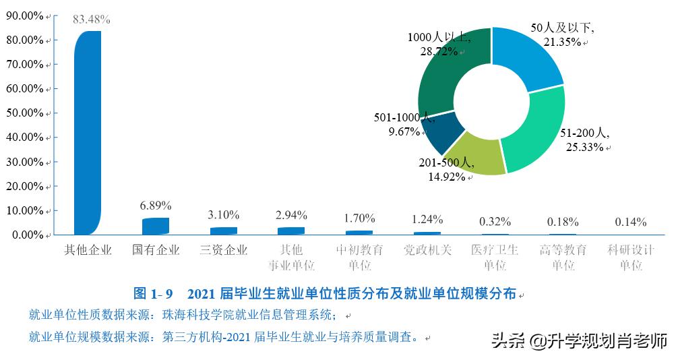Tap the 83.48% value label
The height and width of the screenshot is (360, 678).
pos(92,20)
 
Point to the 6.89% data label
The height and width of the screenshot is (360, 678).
pos(156,205)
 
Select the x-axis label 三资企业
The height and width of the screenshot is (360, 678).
pos(224,250)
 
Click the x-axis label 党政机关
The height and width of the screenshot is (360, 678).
pos(427,250)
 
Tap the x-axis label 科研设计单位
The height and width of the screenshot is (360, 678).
pos(631,258)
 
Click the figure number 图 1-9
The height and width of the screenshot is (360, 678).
pos(153,293)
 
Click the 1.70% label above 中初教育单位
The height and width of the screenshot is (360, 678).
pos(359,218)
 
